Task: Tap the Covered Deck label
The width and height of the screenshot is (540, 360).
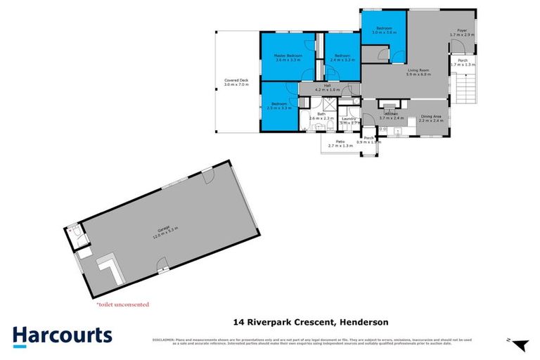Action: pos(236,81)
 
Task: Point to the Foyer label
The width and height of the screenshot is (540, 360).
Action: pos(462,30)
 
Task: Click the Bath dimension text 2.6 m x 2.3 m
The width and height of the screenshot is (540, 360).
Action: pos(321,119)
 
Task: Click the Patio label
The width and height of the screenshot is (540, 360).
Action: pos(340,142)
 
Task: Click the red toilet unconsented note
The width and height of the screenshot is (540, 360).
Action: pos(122,304)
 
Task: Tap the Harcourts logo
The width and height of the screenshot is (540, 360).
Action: pos(62,335)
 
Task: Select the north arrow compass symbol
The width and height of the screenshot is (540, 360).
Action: pos(518,345)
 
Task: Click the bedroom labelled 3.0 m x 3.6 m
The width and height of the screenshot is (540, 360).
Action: pos(383,29)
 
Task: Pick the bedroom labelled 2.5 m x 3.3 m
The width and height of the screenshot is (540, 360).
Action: pos(280,106)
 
